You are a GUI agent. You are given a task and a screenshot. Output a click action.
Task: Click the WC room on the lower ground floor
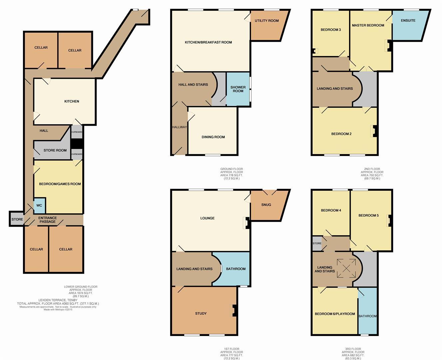tap(39, 205)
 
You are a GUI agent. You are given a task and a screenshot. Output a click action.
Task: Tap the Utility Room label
tap(266, 21)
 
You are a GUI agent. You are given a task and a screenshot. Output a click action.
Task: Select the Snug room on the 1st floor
tap(266, 205)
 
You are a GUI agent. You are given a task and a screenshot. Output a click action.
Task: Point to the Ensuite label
tap(408, 21)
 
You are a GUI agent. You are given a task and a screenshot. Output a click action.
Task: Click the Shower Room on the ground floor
tap(238, 89)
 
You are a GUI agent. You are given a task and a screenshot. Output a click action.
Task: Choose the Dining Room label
tap(213, 137)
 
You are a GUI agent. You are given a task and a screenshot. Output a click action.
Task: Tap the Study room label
tap(201, 313)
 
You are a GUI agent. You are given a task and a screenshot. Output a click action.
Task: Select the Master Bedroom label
tap(368, 25)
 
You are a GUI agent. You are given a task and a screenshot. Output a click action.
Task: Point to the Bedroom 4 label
tap(331, 210)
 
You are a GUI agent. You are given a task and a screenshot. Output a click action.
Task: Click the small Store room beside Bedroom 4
tap(317, 243)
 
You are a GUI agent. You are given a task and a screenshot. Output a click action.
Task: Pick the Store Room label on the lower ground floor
tap(55, 150)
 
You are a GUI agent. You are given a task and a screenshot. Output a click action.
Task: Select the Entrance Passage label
tap(47, 220)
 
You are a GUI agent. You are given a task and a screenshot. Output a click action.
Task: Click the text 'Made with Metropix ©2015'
tap(58, 310)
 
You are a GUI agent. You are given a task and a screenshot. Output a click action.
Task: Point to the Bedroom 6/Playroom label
tap(335, 314)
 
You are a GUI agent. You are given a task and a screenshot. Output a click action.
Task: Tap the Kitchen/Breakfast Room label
tap(208, 42)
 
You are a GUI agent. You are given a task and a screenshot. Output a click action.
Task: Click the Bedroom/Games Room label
tap(60, 184)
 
